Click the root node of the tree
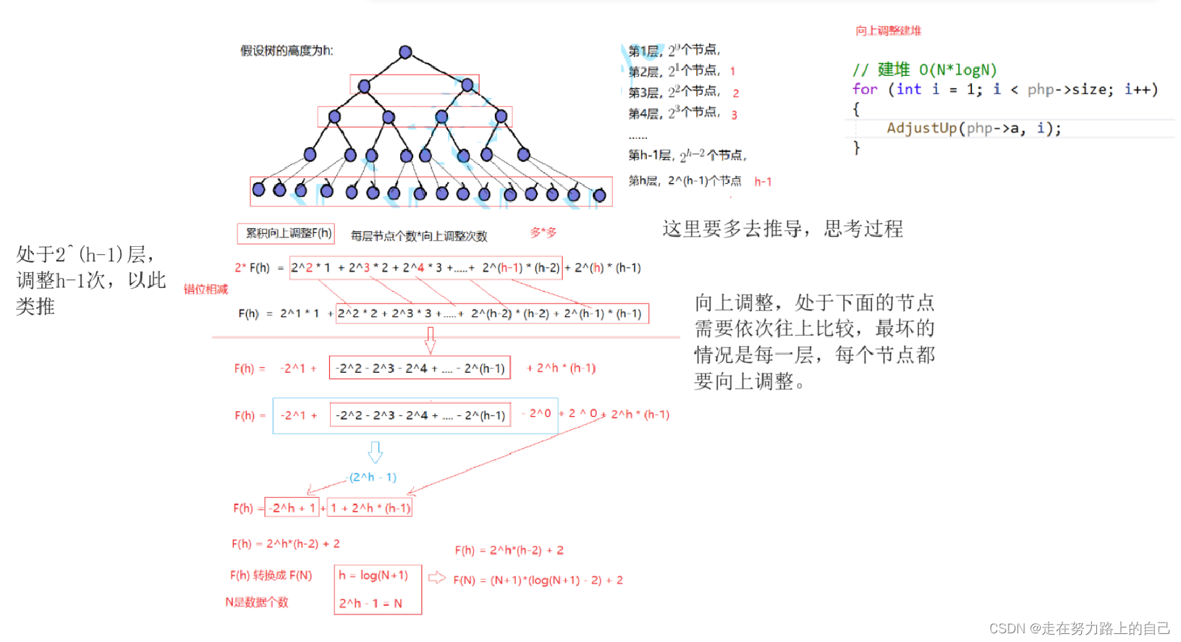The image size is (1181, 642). coord(405,52)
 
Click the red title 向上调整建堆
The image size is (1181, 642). coord(888,30)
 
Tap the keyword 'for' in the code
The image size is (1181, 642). coord(865,89)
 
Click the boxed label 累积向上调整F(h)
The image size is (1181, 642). coord(287,233)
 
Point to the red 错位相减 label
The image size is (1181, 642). coord(206,290)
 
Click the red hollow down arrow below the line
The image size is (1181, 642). coord(430,339)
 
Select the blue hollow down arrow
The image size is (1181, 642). coord(375,452)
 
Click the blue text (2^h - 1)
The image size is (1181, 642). coord(373,477)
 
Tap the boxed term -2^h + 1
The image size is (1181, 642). coord(292,508)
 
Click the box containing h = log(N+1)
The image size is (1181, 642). coord(373,575)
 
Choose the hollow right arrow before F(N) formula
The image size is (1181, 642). coord(437,578)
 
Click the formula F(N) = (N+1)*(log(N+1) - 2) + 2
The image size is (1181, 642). coord(538,580)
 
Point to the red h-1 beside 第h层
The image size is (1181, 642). coord(763,182)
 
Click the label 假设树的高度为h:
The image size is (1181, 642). coord(287,51)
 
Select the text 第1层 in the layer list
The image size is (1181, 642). coord(643,51)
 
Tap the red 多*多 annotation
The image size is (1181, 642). coord(543,232)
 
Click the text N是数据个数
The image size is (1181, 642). coord(257,602)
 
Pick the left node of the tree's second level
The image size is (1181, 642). coord(364,86)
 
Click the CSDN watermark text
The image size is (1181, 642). coord(1079,628)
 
